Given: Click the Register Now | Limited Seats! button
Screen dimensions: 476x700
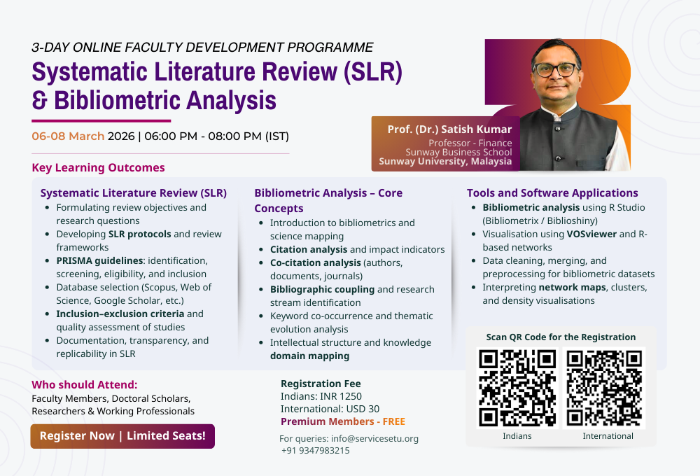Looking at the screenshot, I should [x=122, y=436].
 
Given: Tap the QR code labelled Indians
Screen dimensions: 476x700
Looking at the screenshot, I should [x=517, y=387].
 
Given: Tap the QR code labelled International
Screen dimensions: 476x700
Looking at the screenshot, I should [x=605, y=387].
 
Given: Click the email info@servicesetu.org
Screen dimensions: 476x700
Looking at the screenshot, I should [x=374, y=439].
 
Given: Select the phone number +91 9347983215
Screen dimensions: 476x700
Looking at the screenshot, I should [x=316, y=451].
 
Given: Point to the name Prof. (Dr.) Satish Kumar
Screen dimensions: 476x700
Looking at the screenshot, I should [x=449, y=129].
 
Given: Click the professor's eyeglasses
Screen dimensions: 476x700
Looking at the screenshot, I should [x=555, y=69].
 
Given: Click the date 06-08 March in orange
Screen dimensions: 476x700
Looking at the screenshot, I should [x=68, y=136].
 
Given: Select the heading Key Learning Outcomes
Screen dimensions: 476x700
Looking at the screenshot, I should [x=98, y=168].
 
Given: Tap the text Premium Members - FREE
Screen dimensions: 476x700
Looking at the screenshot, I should [x=342, y=421].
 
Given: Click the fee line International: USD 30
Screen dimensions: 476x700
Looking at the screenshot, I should [x=330, y=409].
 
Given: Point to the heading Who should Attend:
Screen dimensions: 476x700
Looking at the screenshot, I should [x=85, y=385].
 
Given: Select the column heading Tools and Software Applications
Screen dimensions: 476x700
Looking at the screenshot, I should [x=552, y=193].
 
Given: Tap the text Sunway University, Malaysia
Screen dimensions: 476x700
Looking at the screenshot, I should [x=445, y=162].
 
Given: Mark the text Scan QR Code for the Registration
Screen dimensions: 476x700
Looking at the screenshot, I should [x=561, y=337].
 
